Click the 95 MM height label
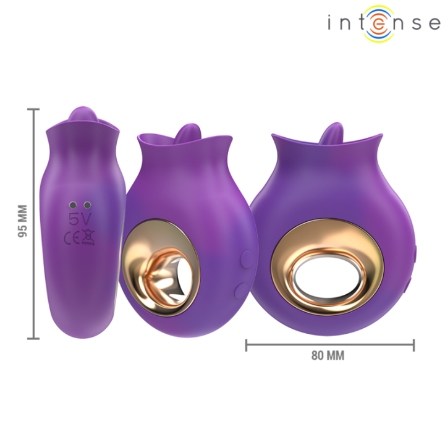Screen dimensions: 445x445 [x=23, y=221]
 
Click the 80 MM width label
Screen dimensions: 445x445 [x=328, y=355]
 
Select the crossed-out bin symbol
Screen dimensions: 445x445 [x=88, y=236]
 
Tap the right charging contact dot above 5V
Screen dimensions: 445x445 [x=87, y=205]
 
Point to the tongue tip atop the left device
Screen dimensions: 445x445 [x=83, y=116]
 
